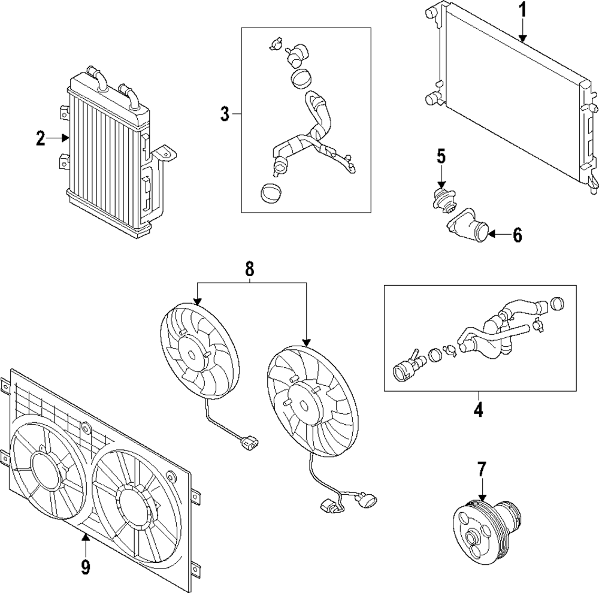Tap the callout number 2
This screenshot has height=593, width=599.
pos(40,139)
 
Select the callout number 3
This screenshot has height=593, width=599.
pos(225,114)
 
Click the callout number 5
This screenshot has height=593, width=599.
pos(441,157)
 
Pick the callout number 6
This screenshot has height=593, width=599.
pos(516,235)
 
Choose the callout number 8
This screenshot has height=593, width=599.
pos(250,270)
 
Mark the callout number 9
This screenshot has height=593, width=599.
pos(85,565)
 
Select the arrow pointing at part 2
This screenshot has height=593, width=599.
pos(59,138)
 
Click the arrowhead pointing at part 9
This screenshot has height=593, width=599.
pos(85,537)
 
